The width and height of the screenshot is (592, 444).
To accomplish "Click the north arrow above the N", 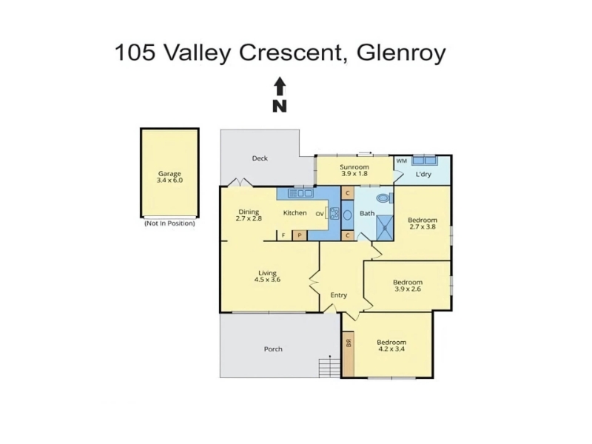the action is pos(280,86).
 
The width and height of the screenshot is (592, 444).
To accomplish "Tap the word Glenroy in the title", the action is pos(401,53).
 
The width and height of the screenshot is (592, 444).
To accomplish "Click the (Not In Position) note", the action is pos(169,223).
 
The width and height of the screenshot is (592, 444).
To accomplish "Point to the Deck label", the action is pos(260,158).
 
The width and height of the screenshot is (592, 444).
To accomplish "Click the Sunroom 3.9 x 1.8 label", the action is pos(354,170).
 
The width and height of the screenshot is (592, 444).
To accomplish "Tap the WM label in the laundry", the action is pos(401,161).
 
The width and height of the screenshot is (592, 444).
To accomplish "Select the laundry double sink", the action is pos(424,160).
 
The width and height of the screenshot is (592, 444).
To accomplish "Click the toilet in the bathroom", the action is pos(385,198).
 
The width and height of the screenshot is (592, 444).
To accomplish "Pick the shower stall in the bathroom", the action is pos(385,228).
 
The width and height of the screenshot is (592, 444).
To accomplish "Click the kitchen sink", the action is pos(300,193).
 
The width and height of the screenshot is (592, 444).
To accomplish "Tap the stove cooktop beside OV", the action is pos(334,214).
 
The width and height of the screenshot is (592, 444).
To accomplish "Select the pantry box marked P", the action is pos(300,235).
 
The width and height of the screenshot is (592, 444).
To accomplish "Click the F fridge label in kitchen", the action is pos(283,235).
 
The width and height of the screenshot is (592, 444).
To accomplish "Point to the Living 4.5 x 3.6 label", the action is pos(267,276).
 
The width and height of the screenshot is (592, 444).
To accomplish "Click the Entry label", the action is pos(339,295).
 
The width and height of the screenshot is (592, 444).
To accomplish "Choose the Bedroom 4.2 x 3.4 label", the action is pos(391,346).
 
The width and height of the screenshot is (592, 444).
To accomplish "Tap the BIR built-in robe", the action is pos(348,354).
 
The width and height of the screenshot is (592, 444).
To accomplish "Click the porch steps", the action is pos(329,368).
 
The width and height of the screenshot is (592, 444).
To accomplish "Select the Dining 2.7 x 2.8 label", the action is pos(249,215).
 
